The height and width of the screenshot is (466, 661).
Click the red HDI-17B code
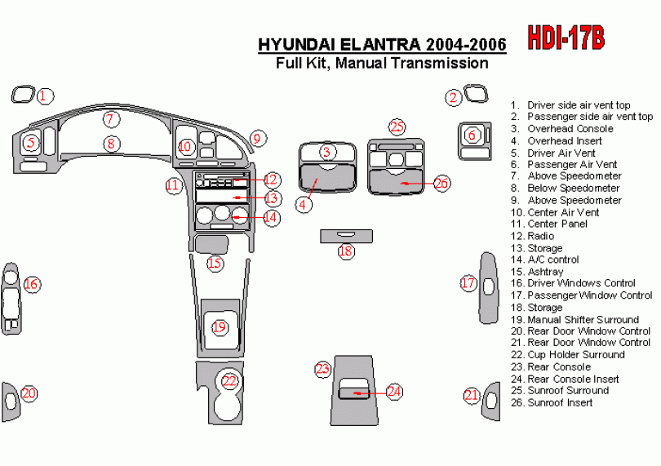pos(566,36)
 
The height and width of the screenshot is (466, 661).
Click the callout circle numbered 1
pos(45,96)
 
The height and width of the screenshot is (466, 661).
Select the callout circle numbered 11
pos(173,185)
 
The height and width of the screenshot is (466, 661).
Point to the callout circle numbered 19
pos(220,328)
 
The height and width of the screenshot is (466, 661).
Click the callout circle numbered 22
pos(230,380)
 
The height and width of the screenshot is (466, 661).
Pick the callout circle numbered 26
pos(441,183)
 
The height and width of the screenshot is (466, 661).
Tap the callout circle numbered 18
pos(346,251)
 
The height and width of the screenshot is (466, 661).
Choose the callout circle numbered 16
pos(31,284)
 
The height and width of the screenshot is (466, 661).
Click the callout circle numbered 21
pos(472,395)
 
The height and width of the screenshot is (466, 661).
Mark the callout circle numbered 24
pos(394,392)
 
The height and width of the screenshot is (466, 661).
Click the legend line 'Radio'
pos(540,236)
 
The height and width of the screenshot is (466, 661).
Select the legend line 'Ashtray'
pos(545,272)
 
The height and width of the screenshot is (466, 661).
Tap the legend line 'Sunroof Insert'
pos(559,402)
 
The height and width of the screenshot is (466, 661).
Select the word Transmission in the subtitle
pos(439,63)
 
